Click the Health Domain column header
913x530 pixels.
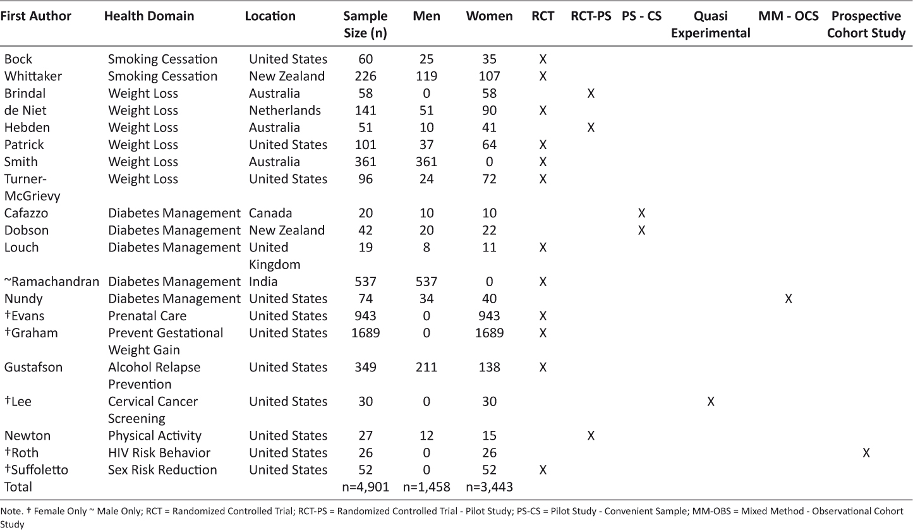[x=149, y=16]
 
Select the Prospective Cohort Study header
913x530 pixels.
[x=866, y=25]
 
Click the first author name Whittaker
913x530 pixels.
[x=33, y=76]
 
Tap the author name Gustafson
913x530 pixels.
[x=33, y=367]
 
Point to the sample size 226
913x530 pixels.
[x=365, y=76]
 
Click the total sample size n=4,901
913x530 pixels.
[x=366, y=487]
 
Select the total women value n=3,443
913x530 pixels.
[x=489, y=487]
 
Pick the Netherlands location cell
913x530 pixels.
[x=285, y=111]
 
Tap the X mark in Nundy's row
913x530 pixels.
[x=789, y=299]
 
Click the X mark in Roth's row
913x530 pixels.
[x=866, y=452]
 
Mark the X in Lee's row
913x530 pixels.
[x=710, y=401]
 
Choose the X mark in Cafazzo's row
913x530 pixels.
[x=641, y=213]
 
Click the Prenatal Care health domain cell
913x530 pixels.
[x=147, y=316]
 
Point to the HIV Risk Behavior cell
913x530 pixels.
[x=159, y=452]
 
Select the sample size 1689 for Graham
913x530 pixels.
[x=365, y=333]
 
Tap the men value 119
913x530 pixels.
[x=426, y=76]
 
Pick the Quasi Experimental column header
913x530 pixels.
[x=710, y=25]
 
